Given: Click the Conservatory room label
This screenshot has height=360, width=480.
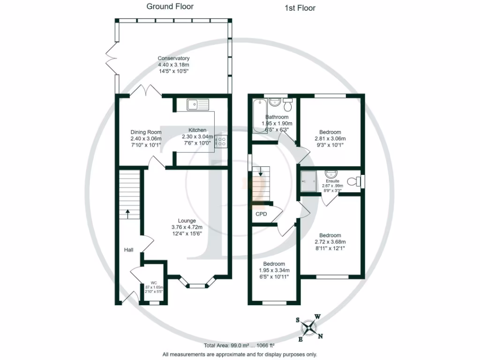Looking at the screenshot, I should [x=173, y=58].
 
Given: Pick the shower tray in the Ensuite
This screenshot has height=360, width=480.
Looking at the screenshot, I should [x=310, y=180].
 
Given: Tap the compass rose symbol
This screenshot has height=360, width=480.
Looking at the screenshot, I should [x=310, y=327].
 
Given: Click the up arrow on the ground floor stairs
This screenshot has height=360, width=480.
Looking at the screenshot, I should [x=127, y=213].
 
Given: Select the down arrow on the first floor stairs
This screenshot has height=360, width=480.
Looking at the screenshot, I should [x=260, y=173].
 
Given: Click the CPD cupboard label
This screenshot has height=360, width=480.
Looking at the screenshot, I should [x=261, y=214].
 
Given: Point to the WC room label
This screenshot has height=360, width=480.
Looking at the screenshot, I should [x=153, y=283].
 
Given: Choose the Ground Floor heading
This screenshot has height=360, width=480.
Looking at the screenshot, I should [x=170, y=7].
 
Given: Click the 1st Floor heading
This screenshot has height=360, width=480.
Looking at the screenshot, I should [x=300, y=8].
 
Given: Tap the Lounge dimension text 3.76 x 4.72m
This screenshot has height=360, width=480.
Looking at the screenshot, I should [x=187, y=227].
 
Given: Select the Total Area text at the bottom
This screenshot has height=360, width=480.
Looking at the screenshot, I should [x=240, y=345].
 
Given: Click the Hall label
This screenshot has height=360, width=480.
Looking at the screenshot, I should [x=129, y=250].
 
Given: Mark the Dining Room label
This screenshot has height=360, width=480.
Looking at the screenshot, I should [x=146, y=132].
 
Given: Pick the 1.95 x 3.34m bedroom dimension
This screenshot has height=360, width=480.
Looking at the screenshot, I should [x=274, y=270].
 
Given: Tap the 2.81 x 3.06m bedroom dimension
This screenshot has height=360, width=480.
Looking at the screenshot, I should [x=330, y=139].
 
